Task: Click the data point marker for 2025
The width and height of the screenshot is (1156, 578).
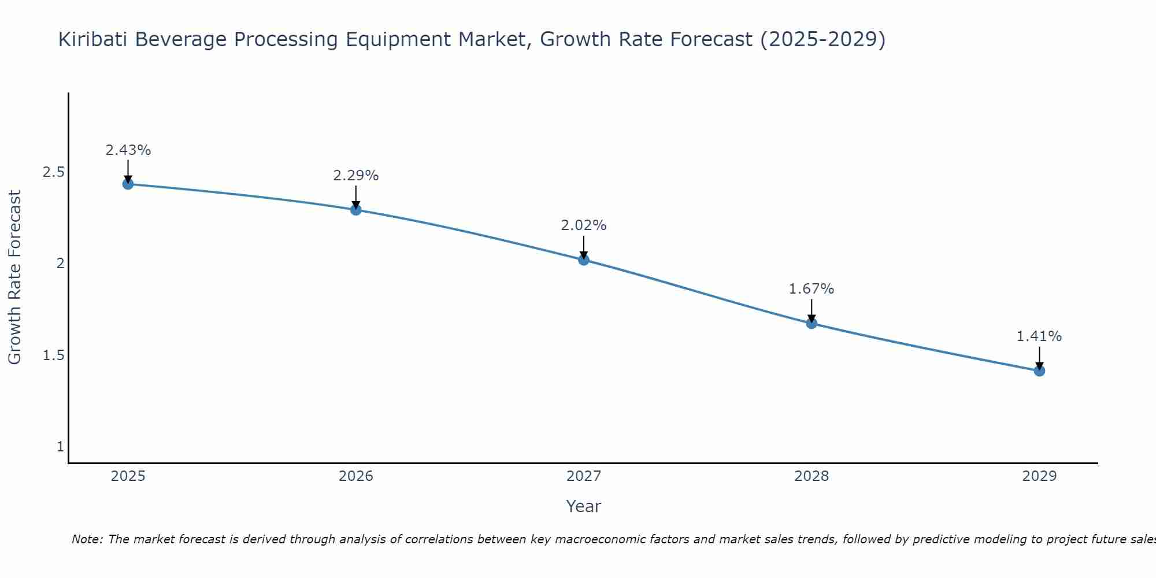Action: point(128,184)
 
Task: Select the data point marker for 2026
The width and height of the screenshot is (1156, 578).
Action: point(356,209)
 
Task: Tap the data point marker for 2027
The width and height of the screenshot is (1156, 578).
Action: point(584,260)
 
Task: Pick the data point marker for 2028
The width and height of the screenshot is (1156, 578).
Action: point(812,323)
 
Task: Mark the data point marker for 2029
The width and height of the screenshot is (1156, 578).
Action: point(1039,370)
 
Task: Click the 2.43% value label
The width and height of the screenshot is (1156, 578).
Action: point(128,150)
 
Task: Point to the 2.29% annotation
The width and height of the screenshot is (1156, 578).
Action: point(356,176)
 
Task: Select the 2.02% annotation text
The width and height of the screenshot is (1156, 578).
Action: point(584,225)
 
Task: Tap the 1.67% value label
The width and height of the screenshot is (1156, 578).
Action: point(812,289)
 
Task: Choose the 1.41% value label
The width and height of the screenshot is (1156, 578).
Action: point(1039,336)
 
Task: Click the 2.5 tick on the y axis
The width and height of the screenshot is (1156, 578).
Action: point(53,172)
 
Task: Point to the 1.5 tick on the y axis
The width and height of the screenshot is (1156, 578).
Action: point(53,355)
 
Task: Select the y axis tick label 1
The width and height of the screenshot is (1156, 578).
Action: point(60,447)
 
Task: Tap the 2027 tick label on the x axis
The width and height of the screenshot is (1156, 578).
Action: point(584,476)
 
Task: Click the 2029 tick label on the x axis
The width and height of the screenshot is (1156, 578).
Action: point(1039,476)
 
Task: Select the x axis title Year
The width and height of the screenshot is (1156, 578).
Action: point(584,506)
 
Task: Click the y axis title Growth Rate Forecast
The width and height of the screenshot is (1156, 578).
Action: point(14,277)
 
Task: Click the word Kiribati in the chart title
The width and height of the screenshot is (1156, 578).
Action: point(93,40)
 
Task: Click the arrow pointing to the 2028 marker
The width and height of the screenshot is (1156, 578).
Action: point(812,310)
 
